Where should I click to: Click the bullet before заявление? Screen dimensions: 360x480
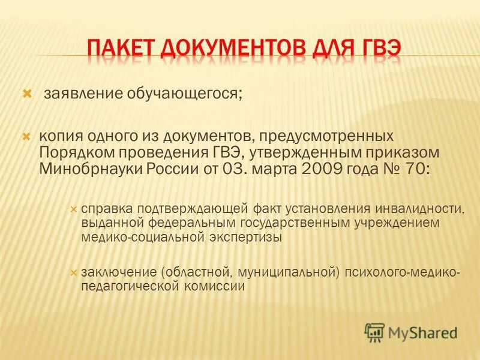[x=26, y=94]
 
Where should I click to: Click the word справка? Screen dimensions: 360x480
[x=107, y=209]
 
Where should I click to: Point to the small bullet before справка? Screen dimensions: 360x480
[x=74, y=209]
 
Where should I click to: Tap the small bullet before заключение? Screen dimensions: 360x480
[x=74, y=272]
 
